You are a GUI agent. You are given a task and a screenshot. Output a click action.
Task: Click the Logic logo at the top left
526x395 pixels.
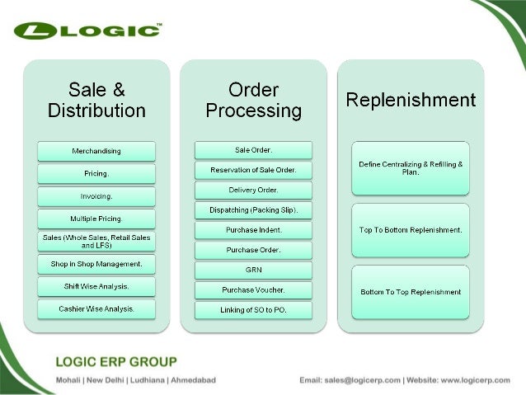[87, 31]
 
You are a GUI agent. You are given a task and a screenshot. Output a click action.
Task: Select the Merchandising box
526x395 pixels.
[96, 151]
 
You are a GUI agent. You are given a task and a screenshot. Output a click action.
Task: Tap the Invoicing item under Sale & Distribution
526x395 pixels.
[96, 196]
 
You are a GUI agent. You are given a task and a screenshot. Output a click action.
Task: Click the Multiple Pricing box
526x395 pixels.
[96, 219]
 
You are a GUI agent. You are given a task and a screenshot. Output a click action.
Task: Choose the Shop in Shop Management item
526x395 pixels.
[96, 264]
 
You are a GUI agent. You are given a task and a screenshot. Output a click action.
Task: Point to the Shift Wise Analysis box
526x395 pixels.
[96, 286]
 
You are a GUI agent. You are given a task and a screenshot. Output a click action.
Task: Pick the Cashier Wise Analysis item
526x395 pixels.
[96, 308]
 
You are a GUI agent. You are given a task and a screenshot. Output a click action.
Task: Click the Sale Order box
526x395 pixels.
[253, 150]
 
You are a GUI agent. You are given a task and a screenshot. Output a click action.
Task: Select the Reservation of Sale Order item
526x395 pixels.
[253, 170]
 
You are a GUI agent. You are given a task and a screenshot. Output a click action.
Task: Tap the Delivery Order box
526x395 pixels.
[253, 190]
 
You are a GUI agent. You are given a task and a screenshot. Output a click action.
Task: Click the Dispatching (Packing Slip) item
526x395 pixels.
[253, 209]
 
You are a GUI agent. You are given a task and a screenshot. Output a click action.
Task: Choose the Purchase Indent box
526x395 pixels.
[253, 229]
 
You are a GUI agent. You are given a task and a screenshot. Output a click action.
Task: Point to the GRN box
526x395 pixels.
[253, 270]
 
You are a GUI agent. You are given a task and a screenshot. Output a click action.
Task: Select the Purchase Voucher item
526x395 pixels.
[253, 289]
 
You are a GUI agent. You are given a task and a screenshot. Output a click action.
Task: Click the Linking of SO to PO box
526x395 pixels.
[253, 309]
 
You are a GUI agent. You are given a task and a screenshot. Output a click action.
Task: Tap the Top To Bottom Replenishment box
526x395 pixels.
[411, 229]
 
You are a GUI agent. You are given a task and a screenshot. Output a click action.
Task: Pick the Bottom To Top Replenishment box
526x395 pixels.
[411, 292]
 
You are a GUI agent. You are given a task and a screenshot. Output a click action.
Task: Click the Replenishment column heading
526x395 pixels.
[411, 100]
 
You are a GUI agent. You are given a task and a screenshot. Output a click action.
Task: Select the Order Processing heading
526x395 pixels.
[253, 100]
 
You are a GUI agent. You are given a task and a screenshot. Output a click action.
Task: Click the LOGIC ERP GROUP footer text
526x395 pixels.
[115, 361]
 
